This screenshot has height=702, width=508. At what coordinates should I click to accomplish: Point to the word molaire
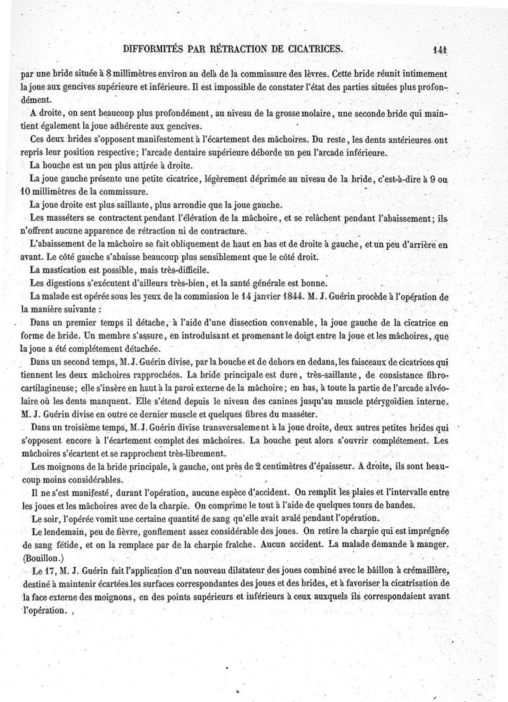tap(361, 113)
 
